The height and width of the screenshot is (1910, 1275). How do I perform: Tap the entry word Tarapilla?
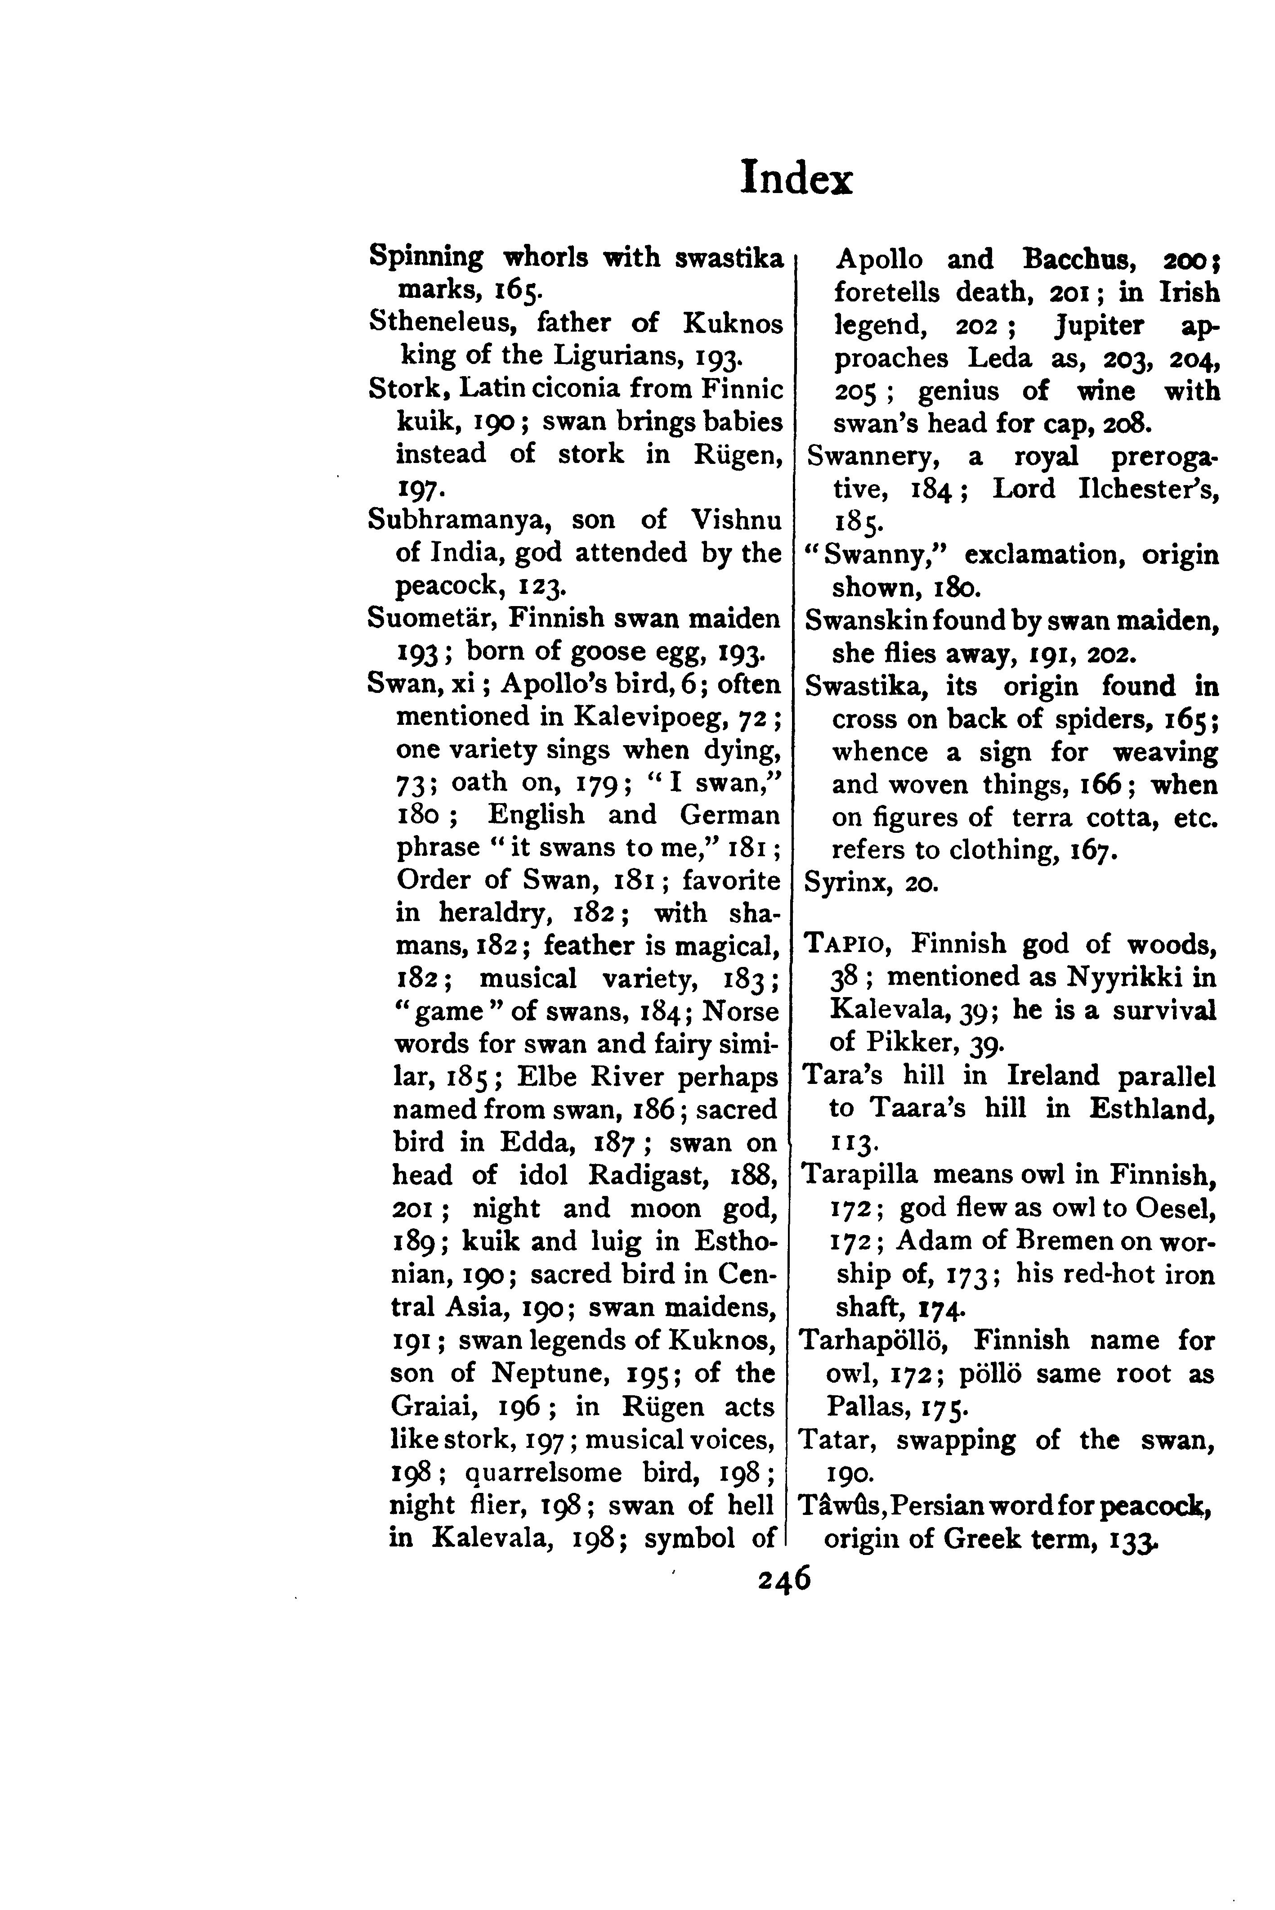click(x=860, y=1175)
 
